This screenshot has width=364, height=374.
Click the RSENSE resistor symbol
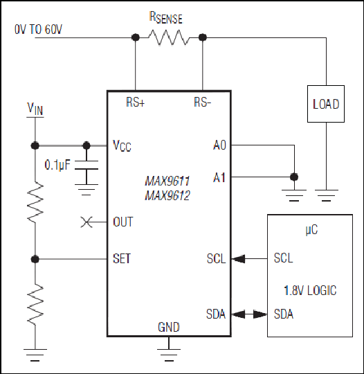pyautogui.click(x=169, y=37)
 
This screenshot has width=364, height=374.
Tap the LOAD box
pyautogui.click(x=326, y=104)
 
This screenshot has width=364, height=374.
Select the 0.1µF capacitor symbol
pyautogui.click(x=87, y=165)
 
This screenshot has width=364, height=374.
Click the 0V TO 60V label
pyautogui.click(x=38, y=30)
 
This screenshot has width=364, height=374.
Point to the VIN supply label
pyautogui.click(x=35, y=109)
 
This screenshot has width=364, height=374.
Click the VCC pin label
pyautogui.click(x=122, y=145)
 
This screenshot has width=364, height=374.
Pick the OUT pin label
pyautogui.click(x=123, y=222)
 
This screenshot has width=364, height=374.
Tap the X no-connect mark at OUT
pyautogui.click(x=87, y=222)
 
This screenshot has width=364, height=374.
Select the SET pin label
pyautogui.click(x=122, y=258)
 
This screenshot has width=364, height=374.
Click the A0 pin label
pyautogui.click(x=219, y=145)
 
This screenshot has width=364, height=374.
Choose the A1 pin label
pyautogui.click(x=219, y=177)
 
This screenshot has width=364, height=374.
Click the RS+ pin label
pyautogui.click(x=136, y=103)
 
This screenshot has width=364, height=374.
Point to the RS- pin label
pyautogui.click(x=202, y=103)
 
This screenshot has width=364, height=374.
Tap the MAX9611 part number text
pyautogui.click(x=167, y=181)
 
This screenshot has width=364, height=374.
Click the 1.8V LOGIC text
pyautogui.click(x=310, y=290)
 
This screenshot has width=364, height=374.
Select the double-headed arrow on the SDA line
pyautogui.click(x=249, y=314)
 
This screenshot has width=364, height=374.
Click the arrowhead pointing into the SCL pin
pyautogui.click(x=238, y=259)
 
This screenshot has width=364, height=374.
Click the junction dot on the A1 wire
pyautogui.click(x=294, y=177)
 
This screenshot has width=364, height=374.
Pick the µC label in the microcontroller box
pyautogui.click(x=311, y=230)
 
